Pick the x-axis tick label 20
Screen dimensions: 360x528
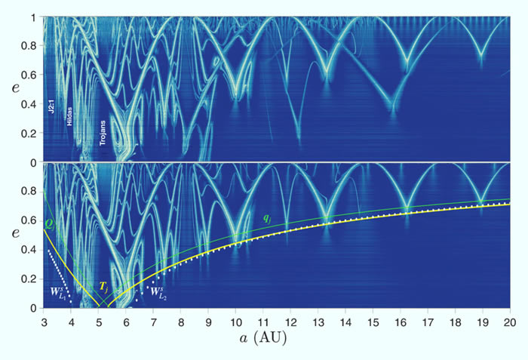pyautogui.click(x=511, y=319)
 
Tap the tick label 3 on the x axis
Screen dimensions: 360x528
pyautogui.click(x=44, y=319)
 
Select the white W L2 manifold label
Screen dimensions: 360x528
pyautogui.click(x=157, y=291)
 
